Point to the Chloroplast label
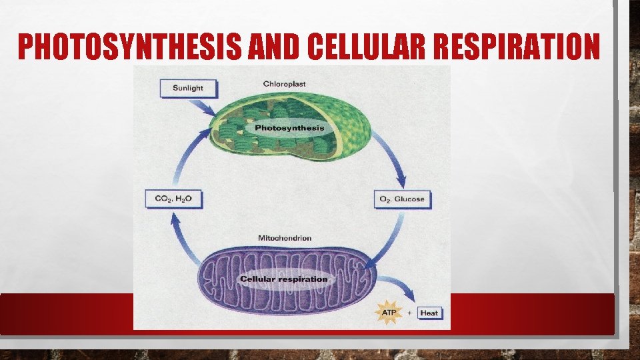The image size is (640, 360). click(x=284, y=84)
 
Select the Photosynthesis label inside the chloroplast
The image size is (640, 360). click(x=289, y=127)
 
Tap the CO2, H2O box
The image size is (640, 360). click(x=173, y=199)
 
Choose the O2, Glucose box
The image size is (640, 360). click(x=402, y=199)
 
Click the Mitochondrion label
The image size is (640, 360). click(x=284, y=238)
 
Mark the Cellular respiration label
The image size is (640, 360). click(x=284, y=279)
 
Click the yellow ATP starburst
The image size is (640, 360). click(x=387, y=312)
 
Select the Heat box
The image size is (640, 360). click(x=430, y=313)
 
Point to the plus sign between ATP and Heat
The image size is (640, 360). click(x=409, y=313)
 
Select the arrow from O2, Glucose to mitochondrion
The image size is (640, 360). click(x=387, y=237)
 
